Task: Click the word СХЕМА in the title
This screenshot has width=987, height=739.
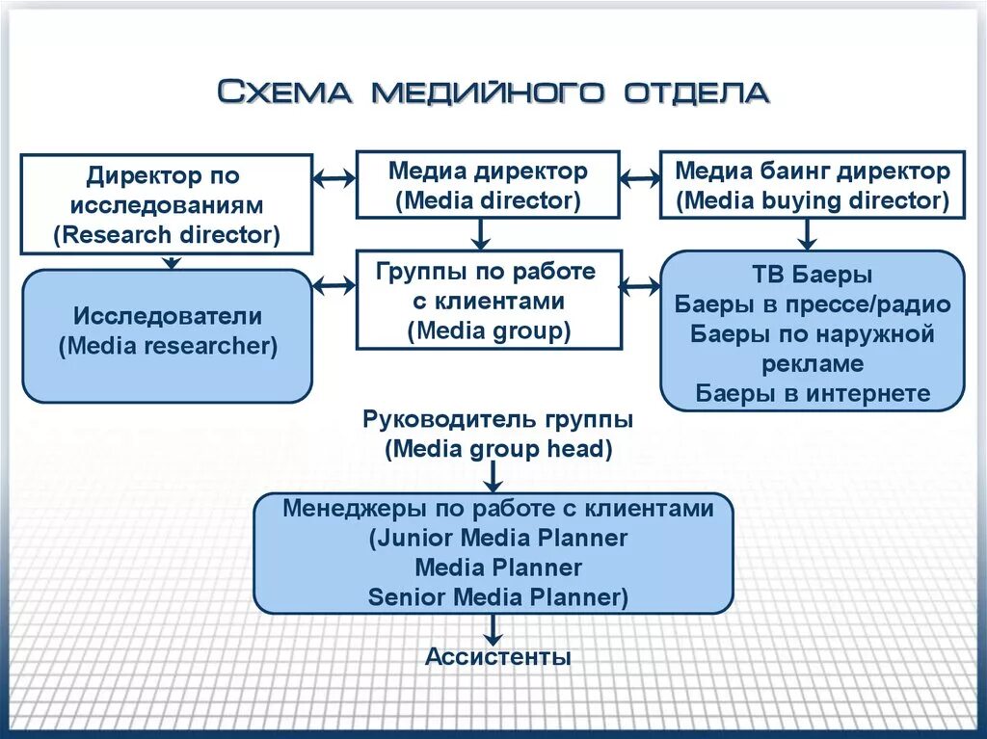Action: (286, 92)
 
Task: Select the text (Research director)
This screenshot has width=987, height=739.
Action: (167, 234)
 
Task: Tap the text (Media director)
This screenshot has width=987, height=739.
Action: (488, 200)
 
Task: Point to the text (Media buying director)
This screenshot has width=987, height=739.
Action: (812, 200)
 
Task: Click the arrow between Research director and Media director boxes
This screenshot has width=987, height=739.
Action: (334, 178)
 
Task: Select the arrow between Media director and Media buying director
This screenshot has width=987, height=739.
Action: (639, 178)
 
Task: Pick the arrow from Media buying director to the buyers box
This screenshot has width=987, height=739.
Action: (808, 233)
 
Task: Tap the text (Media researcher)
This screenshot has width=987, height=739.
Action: (168, 346)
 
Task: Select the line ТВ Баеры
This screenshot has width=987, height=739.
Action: (812, 276)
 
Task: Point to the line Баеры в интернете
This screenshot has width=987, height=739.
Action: (812, 393)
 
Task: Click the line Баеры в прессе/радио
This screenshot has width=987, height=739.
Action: (812, 305)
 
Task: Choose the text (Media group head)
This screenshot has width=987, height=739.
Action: (497, 449)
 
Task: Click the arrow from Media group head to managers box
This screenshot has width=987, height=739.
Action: (493, 476)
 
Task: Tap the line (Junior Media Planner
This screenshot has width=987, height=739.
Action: (497, 538)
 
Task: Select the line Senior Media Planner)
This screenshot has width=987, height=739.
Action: (497, 597)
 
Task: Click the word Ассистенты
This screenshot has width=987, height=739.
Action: (498, 657)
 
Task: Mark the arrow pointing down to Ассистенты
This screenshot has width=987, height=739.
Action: (493, 629)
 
